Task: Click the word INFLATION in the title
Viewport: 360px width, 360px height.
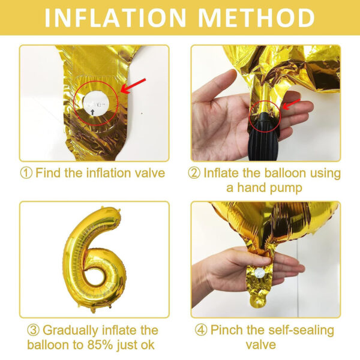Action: pos(115,17)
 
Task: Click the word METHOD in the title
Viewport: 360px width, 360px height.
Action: pos(256,17)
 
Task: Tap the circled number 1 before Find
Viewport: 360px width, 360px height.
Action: pos(26,173)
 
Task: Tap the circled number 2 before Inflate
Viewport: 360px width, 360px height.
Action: pos(194,173)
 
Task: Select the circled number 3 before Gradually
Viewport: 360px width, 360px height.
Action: pos(33,331)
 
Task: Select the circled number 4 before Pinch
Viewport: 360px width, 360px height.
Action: pos(201,331)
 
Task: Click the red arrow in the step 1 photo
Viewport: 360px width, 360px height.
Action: pos(133,86)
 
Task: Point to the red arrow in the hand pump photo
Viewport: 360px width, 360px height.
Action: pos(291,104)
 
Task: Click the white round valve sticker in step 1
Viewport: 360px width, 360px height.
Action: pos(96,103)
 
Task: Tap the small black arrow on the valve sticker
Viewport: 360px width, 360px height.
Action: pos(92,112)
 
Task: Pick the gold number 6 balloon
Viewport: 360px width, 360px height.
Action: pos(94,259)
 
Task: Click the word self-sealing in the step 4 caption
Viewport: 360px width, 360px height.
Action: pos(301,331)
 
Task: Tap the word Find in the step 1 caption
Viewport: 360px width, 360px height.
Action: pos(49,173)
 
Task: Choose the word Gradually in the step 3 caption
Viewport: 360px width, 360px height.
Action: pos(70,331)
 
